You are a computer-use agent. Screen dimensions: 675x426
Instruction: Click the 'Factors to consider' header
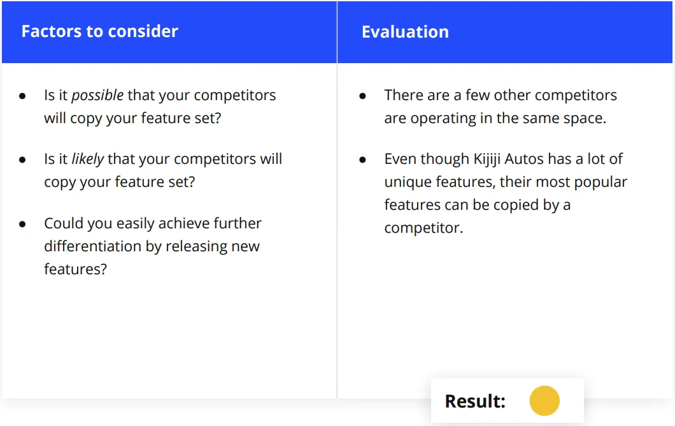(100, 31)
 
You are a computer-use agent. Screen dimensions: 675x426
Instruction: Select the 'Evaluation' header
(405, 32)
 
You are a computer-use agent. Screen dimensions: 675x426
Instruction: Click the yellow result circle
(544, 400)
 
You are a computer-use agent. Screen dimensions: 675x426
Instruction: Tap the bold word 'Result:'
(475, 401)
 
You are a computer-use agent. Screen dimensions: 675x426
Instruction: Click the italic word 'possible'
(97, 96)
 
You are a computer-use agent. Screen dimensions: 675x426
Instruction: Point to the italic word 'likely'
(87, 159)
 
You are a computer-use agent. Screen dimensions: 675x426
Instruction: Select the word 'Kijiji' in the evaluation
(487, 159)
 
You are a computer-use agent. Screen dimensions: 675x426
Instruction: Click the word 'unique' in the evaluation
(408, 182)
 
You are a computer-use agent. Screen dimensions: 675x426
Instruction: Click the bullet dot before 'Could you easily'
(22, 224)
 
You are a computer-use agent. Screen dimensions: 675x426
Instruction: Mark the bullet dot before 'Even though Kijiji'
(362, 160)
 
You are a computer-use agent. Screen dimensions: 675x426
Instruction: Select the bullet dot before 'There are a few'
(362, 96)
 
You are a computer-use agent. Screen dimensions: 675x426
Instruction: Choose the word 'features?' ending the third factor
(75, 269)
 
